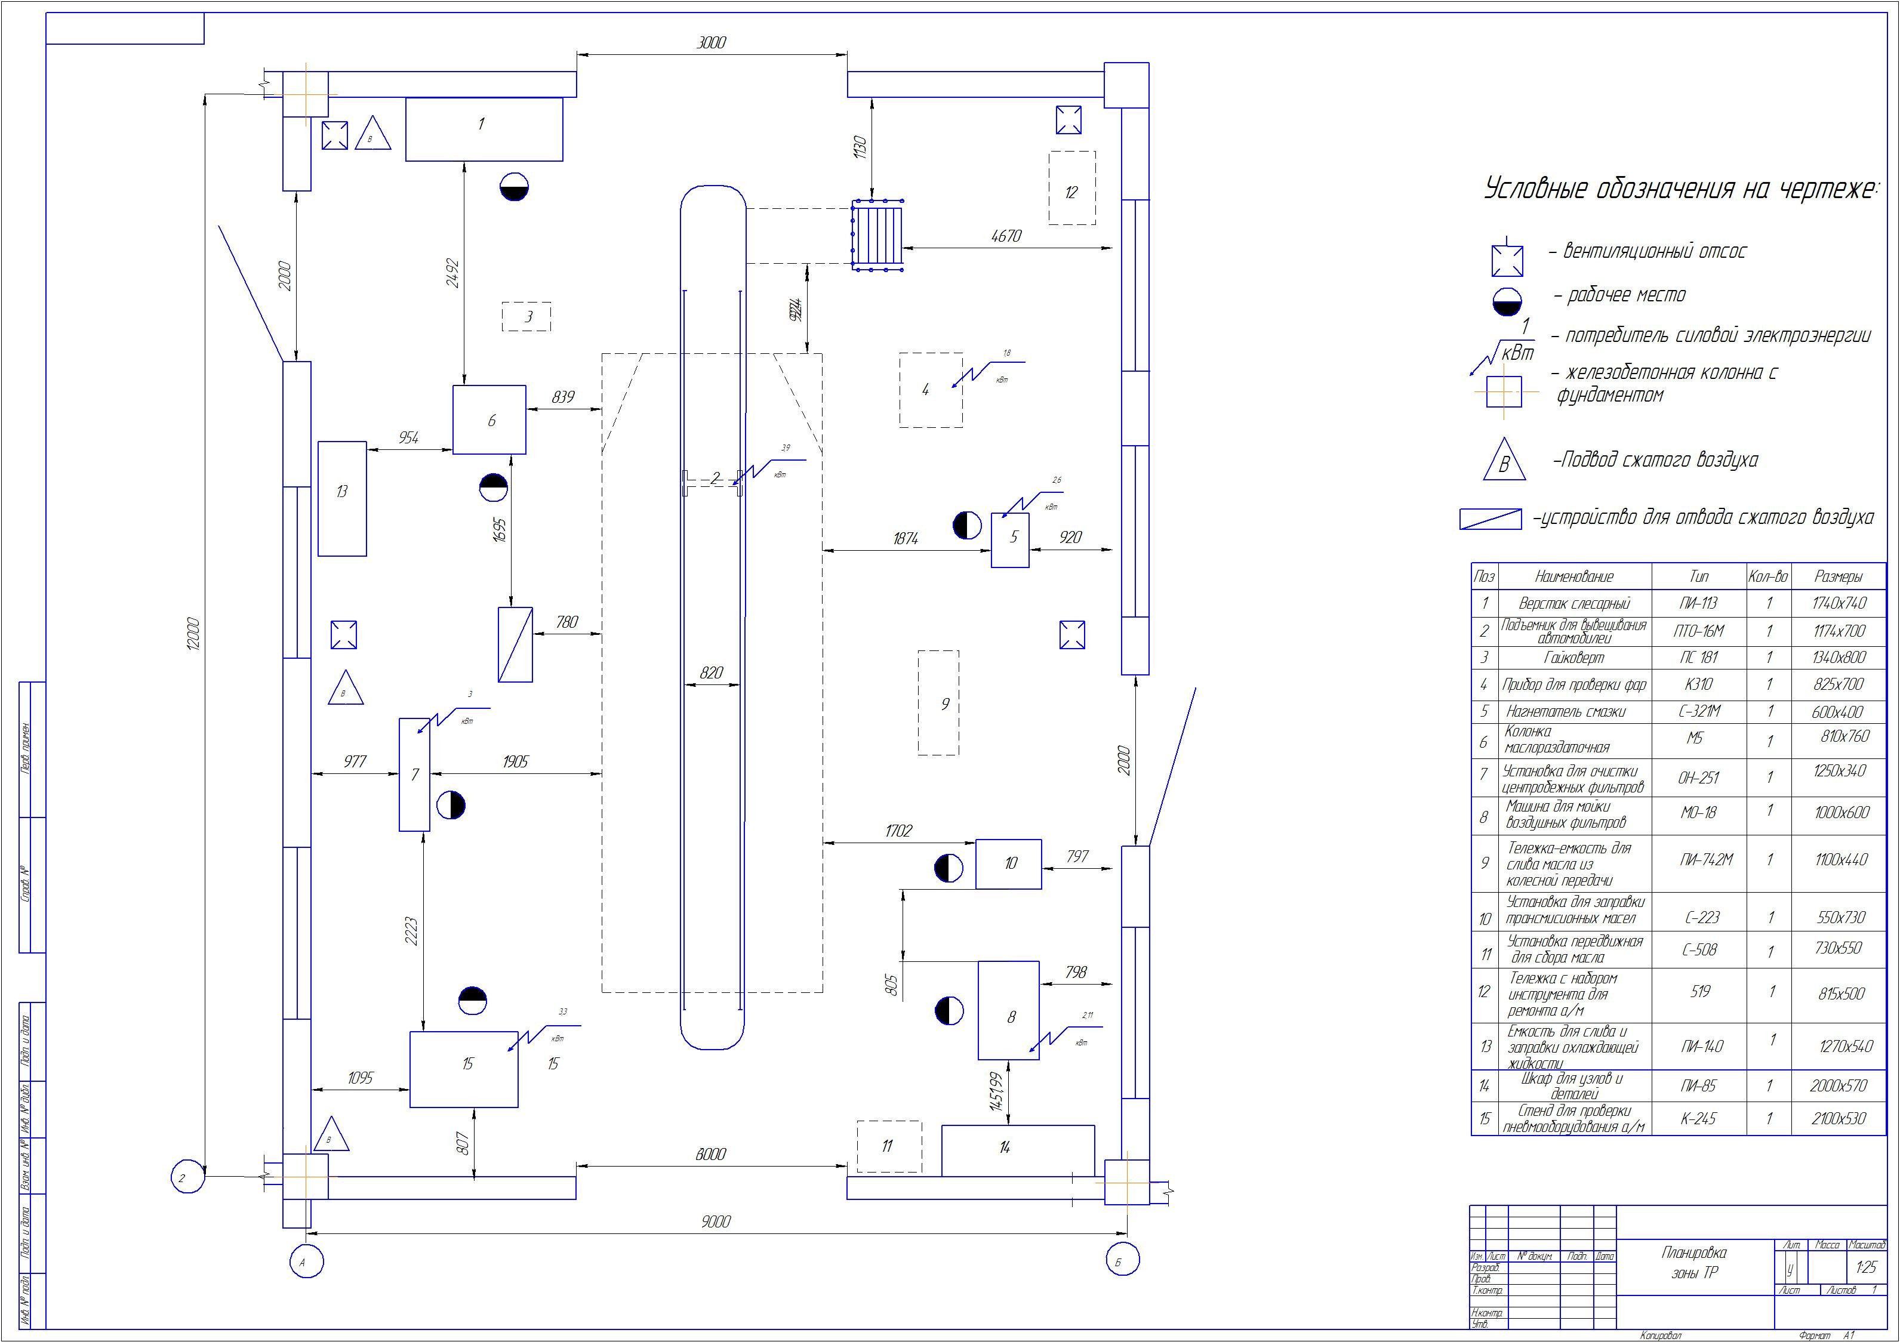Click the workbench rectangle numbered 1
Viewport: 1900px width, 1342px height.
coord(484,129)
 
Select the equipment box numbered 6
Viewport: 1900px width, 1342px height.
coord(489,419)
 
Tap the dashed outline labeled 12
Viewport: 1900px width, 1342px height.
coord(1071,188)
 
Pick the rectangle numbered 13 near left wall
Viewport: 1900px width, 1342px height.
coord(342,498)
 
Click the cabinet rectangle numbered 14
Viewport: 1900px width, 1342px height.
coord(1017,1149)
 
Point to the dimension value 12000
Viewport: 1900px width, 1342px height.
coord(192,634)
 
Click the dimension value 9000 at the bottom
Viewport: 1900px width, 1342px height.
coord(716,1221)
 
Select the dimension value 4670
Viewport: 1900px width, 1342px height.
coord(1006,236)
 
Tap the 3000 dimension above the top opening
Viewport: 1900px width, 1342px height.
coord(711,43)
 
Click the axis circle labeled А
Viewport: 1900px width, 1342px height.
coord(306,1263)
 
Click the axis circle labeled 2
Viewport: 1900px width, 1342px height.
coord(187,1177)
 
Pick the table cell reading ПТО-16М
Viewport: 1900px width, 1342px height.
coord(1699,631)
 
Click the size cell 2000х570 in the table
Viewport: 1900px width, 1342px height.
coord(1838,1085)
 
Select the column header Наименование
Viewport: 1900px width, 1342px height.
coord(1574,576)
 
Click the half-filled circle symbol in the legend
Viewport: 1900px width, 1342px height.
coord(1507,301)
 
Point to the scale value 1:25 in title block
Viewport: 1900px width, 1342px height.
coord(1866,1267)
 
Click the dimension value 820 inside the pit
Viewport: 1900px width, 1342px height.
coord(711,672)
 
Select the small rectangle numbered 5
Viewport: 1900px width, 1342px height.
coord(1011,539)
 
